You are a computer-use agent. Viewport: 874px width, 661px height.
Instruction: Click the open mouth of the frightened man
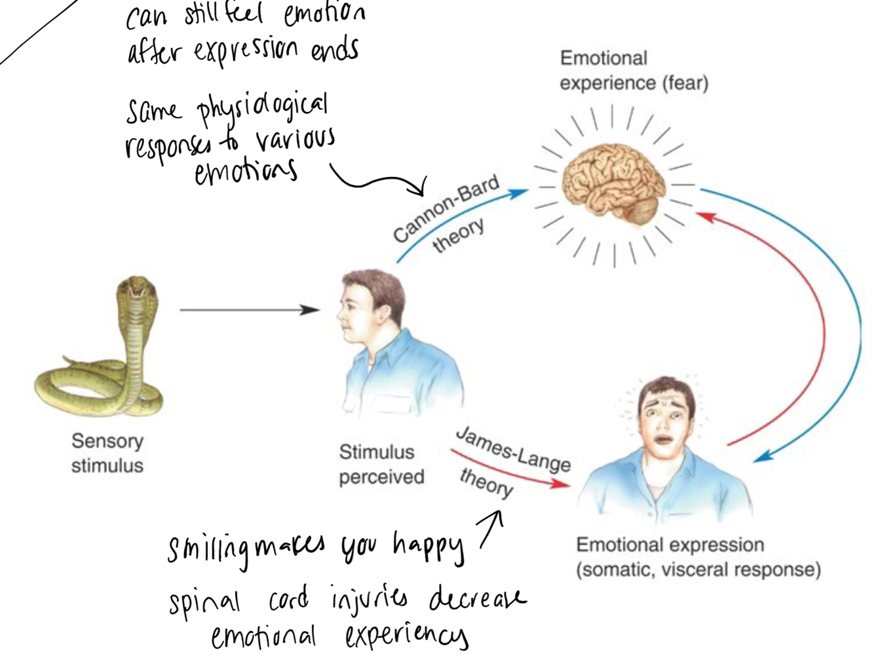[x=662, y=440]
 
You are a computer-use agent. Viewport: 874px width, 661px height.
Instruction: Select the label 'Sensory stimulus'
[x=107, y=453]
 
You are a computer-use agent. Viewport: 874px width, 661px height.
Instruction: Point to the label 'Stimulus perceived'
[x=381, y=464]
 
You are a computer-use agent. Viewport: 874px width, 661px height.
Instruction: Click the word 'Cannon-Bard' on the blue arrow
[x=446, y=208]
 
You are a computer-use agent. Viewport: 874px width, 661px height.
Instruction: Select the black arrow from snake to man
[x=249, y=310]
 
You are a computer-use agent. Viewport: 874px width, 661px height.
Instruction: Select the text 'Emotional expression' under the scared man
[x=670, y=545]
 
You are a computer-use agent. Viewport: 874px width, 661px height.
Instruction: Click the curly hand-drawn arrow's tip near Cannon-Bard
[x=421, y=193]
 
